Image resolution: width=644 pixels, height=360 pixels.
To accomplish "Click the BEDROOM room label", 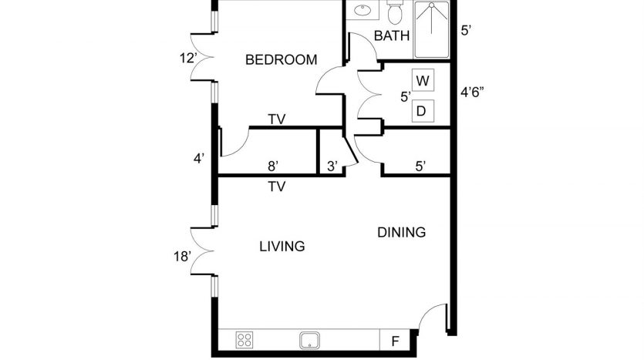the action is click(x=282, y=60).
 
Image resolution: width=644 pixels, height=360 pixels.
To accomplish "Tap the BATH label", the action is click(x=392, y=35).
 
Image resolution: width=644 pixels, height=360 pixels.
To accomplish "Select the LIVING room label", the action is click(x=282, y=246).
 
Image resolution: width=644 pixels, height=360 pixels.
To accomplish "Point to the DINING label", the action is click(x=401, y=232).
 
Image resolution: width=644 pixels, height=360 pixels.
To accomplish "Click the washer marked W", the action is click(x=423, y=80).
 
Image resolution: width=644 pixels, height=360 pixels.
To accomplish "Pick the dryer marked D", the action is click(x=423, y=111).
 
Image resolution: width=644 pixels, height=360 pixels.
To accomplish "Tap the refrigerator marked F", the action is click(x=395, y=341).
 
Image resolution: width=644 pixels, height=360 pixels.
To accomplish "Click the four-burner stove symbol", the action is click(x=244, y=340).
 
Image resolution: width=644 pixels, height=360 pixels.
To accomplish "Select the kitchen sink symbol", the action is click(x=310, y=340).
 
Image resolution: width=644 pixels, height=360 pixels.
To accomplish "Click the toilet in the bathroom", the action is click(x=395, y=12).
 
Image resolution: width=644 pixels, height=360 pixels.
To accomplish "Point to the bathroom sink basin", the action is click(x=362, y=10).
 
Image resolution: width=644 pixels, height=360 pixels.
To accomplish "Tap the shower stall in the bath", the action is click(x=431, y=29).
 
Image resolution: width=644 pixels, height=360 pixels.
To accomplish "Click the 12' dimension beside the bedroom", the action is click(x=188, y=59).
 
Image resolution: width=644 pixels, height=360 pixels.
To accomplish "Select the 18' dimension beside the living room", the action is click(x=182, y=257).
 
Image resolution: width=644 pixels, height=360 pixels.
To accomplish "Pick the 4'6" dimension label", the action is click(x=472, y=93).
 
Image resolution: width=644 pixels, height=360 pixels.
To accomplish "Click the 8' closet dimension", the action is click(x=273, y=167).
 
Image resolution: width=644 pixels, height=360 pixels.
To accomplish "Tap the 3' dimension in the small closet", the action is click(x=332, y=167).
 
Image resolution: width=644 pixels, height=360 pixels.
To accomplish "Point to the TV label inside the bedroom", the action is click(x=277, y=119).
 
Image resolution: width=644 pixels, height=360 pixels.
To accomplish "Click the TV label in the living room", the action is click(x=277, y=187).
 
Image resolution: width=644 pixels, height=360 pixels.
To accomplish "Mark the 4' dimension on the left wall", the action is click(x=199, y=159).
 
